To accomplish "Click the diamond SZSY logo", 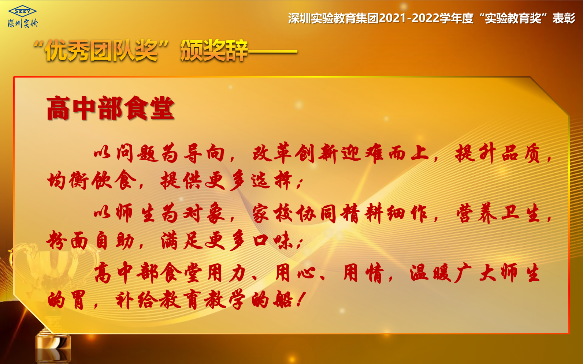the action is pos(22,11).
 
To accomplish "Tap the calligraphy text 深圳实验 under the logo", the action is pos(23,23).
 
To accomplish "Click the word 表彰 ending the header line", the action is pos(564,18).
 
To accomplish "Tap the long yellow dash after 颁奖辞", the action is pos(273,52).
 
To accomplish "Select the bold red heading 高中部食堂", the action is pos(110,108).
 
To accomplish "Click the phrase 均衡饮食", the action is pos(91,180).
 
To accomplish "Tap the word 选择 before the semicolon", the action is pos(271,180).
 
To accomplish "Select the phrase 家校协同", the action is pos(294,213).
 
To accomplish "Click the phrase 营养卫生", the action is pos(498,213).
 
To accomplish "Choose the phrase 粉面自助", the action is pos(90,240).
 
